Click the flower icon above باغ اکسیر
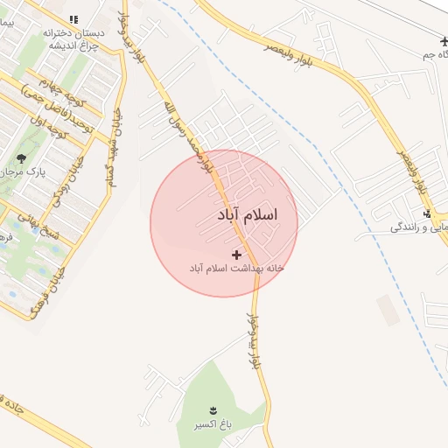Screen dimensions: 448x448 (x=213, y=409)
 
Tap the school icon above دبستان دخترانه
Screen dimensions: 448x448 (x=74, y=18)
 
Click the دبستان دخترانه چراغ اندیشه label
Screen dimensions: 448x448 (x=74, y=39)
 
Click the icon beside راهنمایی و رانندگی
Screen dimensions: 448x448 (x=427, y=215)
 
